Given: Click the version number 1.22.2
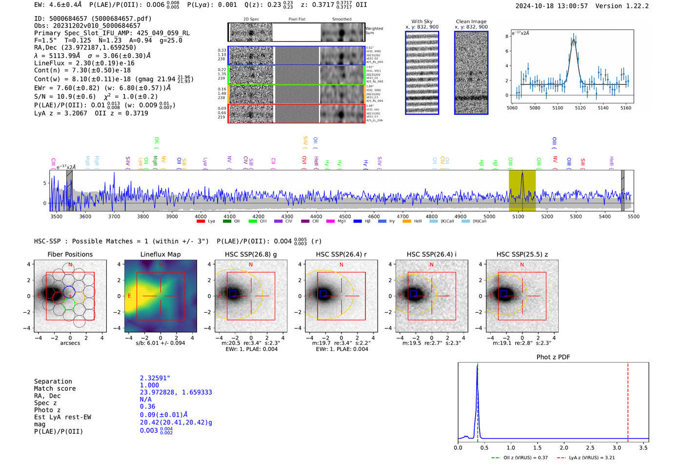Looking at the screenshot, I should point(632,6).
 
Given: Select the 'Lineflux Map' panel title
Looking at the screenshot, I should point(161,254).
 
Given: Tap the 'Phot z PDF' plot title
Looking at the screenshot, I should point(553,357).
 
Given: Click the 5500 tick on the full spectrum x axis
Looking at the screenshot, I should point(633,216).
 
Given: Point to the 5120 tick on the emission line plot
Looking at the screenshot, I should point(580,108).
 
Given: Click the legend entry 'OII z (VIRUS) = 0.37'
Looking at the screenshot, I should point(525,458).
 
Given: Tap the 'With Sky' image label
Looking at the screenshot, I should point(422,21).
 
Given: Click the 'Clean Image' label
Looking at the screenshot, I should point(471,21).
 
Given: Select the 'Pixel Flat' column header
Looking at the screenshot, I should point(297,19).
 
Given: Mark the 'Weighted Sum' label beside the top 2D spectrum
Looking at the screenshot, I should point(374,31).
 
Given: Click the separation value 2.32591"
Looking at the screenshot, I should point(155,378).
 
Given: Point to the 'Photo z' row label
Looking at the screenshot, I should point(47,410).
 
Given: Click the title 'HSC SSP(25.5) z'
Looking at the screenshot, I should point(522,254).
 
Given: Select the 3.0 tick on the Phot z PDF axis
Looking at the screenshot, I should point(617,447).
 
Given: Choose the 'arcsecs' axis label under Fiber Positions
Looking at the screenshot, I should point(70,343).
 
